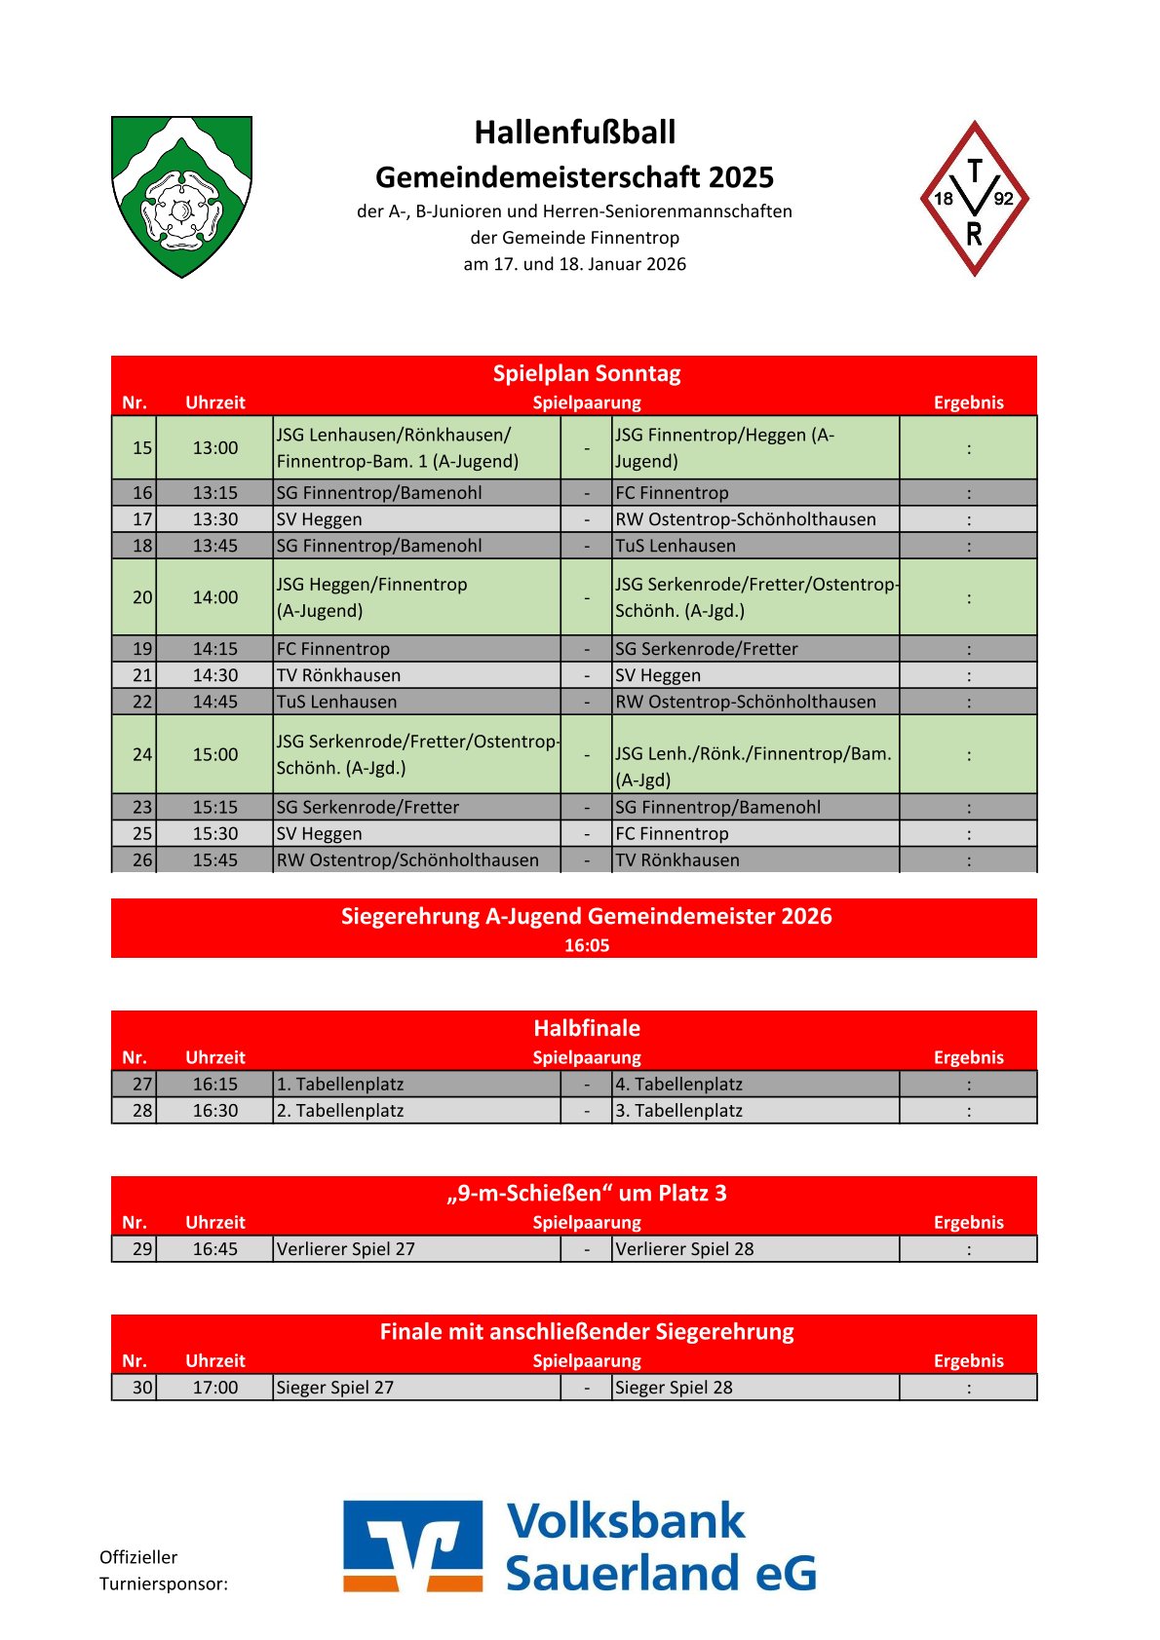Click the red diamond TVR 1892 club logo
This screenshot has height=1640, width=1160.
tap(974, 199)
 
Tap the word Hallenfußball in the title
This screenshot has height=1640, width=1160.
tap(574, 133)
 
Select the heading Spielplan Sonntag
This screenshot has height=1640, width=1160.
tap(586, 373)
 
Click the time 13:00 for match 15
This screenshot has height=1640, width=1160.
tap(214, 448)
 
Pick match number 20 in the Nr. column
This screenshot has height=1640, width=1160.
tap(142, 597)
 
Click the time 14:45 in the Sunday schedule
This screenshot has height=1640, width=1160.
tap(214, 702)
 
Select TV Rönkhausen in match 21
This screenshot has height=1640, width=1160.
tap(338, 675)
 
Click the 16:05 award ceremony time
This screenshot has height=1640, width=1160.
tap(586, 945)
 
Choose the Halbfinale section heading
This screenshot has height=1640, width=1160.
tap(586, 1028)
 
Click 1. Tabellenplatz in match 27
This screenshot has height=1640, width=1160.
tap(339, 1085)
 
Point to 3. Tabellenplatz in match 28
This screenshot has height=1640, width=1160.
tap(678, 1111)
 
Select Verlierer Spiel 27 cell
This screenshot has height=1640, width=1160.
tap(345, 1249)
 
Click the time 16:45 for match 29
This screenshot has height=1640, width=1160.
tap(214, 1249)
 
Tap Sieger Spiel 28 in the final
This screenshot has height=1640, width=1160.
tap(674, 1388)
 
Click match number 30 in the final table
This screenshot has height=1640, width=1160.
tap(142, 1388)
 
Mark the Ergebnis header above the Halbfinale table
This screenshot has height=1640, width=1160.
tap(968, 1057)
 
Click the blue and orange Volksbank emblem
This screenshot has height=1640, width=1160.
tap(412, 1546)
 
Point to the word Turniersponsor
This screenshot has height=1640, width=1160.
tap(163, 1584)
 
